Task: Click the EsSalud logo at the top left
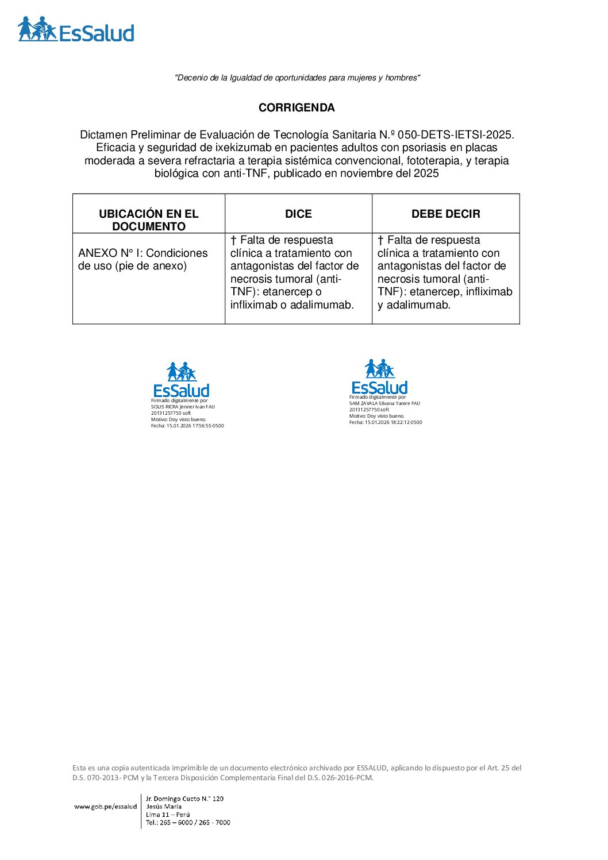click(x=76, y=29)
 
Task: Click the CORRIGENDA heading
click(x=297, y=107)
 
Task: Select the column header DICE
click(x=298, y=214)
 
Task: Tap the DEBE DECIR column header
click(x=445, y=214)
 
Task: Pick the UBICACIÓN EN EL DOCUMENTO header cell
click(x=148, y=219)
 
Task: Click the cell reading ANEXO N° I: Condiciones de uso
click(x=143, y=259)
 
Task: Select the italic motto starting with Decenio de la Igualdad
click(x=297, y=78)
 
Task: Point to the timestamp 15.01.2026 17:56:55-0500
click(x=195, y=426)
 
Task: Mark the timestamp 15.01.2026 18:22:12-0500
click(x=393, y=422)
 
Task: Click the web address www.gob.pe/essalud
click(x=105, y=807)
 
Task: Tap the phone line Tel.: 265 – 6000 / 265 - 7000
click(x=188, y=822)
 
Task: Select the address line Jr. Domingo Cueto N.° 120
click(x=184, y=799)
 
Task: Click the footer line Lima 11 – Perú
click(x=168, y=814)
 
